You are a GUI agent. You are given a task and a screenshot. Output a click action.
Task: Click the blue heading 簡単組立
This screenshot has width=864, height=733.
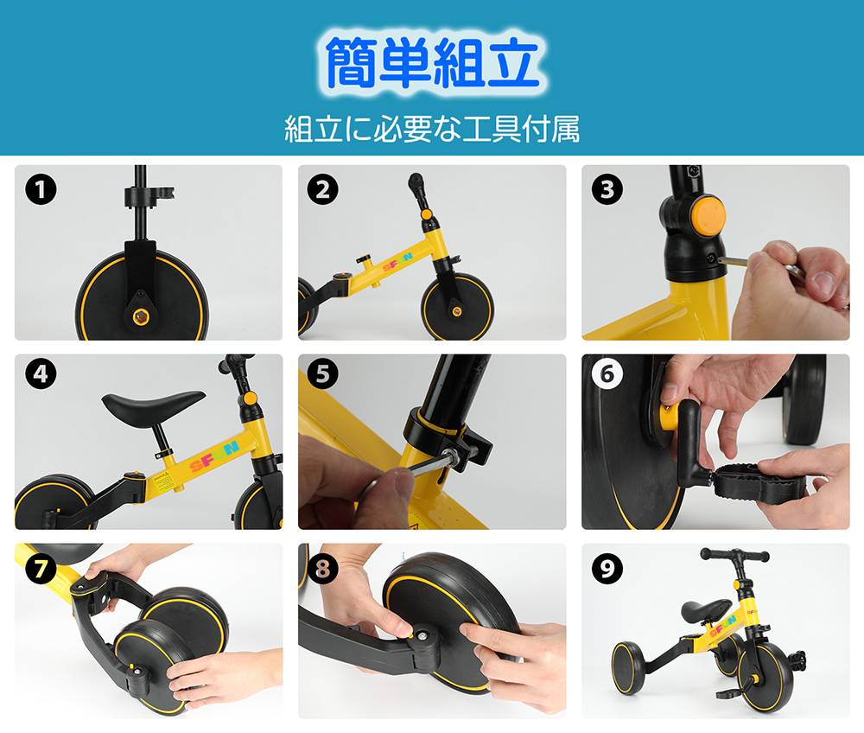pyautogui.click(x=432, y=62)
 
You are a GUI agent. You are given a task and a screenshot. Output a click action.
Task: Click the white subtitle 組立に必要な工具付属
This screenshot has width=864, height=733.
pyautogui.click(x=432, y=129)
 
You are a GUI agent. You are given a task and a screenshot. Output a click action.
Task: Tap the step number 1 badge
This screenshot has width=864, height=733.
pyautogui.click(x=41, y=189)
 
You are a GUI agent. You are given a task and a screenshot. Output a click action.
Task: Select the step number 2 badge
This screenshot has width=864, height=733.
pyautogui.click(x=323, y=189)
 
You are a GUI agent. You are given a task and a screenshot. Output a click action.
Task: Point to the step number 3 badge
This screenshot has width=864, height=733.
pyautogui.click(x=607, y=189)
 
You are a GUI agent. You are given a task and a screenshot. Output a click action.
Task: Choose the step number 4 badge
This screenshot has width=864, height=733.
pyautogui.click(x=41, y=373)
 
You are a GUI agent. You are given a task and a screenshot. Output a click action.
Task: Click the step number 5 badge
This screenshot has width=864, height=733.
pyautogui.click(x=323, y=373)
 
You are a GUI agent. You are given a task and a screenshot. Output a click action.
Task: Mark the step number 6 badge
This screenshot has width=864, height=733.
pyautogui.click(x=607, y=373)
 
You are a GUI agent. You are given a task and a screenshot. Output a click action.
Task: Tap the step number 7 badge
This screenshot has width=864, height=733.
pyautogui.click(x=41, y=569)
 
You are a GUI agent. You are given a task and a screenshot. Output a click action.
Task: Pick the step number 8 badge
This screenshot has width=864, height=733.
pyautogui.click(x=323, y=569)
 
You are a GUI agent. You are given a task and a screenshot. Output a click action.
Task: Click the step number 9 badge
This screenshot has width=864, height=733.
pyautogui.click(x=607, y=569)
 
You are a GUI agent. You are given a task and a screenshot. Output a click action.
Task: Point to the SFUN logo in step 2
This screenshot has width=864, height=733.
pyautogui.click(x=397, y=262)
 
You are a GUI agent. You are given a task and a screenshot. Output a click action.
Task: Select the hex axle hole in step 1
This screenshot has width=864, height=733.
pyautogui.click(x=140, y=316)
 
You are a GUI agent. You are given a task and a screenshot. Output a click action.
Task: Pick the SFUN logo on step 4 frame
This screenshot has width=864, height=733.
pyautogui.click(x=215, y=456)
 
